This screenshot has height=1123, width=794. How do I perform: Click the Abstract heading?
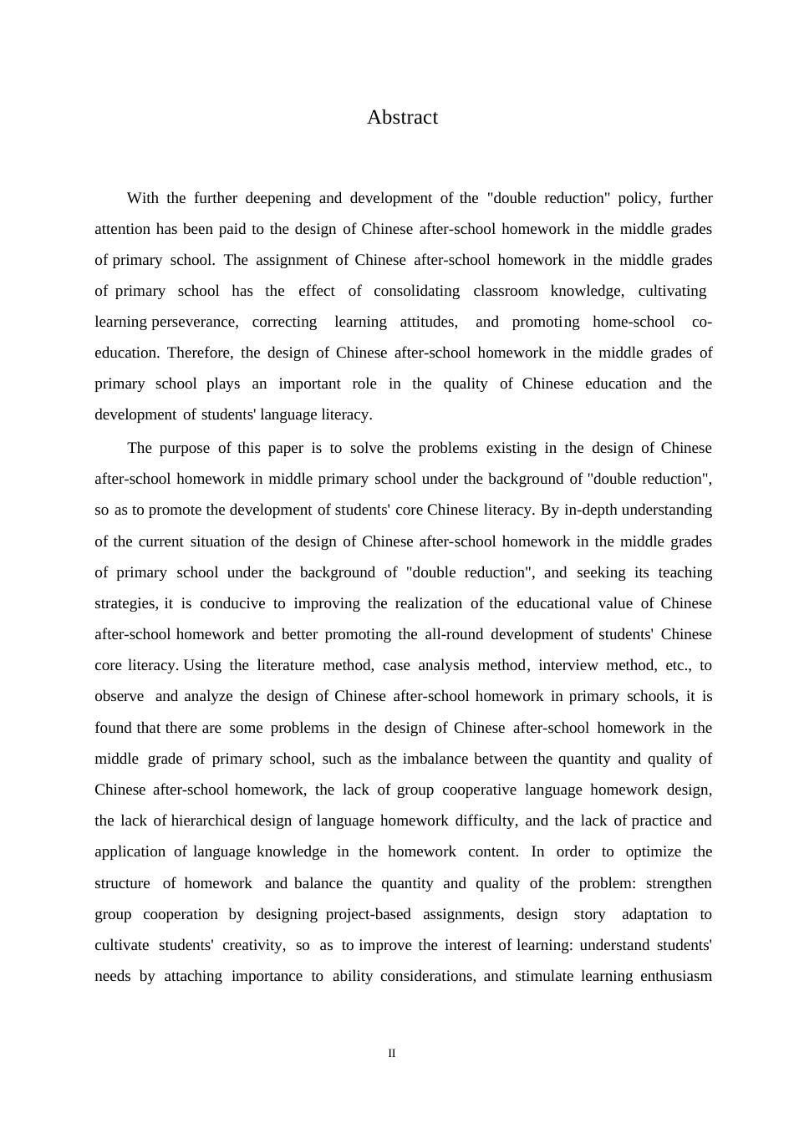[x=402, y=117]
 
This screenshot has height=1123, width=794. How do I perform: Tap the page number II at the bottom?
[x=392, y=1053]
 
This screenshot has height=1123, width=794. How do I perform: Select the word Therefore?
[x=200, y=353]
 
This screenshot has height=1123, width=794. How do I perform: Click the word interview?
[x=568, y=665]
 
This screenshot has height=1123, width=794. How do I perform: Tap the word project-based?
[x=368, y=914]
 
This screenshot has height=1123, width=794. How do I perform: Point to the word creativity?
[x=254, y=945]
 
